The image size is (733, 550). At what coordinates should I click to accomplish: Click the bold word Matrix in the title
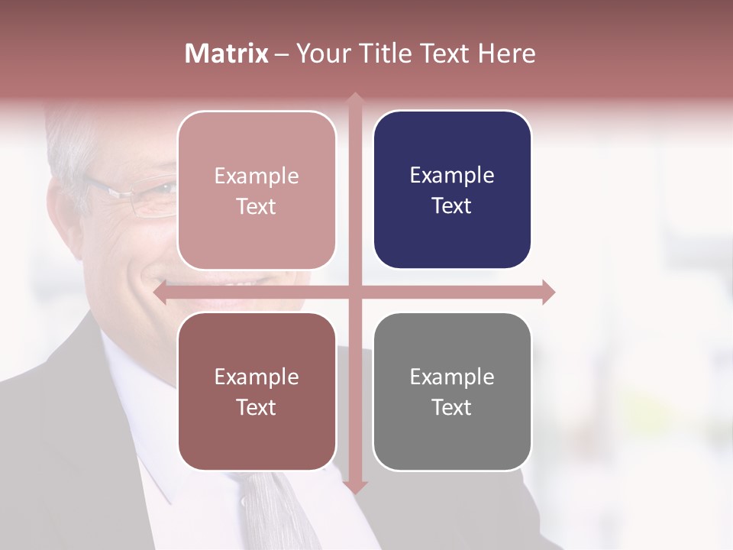[x=227, y=53]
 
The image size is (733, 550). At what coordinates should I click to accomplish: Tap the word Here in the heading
[x=506, y=53]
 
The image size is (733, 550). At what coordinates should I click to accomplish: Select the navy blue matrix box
[x=452, y=189]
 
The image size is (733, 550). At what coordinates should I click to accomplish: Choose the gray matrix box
[x=452, y=391]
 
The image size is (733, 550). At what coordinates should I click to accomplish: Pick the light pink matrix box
[x=257, y=190]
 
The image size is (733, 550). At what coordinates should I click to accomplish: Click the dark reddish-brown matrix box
[x=257, y=391]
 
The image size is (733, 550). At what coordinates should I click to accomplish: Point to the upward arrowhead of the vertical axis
[x=354, y=98]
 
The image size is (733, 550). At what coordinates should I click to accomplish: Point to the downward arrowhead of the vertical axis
[x=354, y=487]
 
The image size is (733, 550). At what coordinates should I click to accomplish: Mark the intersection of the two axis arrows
[x=354, y=292]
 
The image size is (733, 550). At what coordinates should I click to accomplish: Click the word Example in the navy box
[x=452, y=176]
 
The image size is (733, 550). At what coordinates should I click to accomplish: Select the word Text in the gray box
[x=452, y=407]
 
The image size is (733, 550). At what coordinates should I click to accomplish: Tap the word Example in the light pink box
[x=257, y=176]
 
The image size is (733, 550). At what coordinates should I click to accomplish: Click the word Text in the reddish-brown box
[x=257, y=407]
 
